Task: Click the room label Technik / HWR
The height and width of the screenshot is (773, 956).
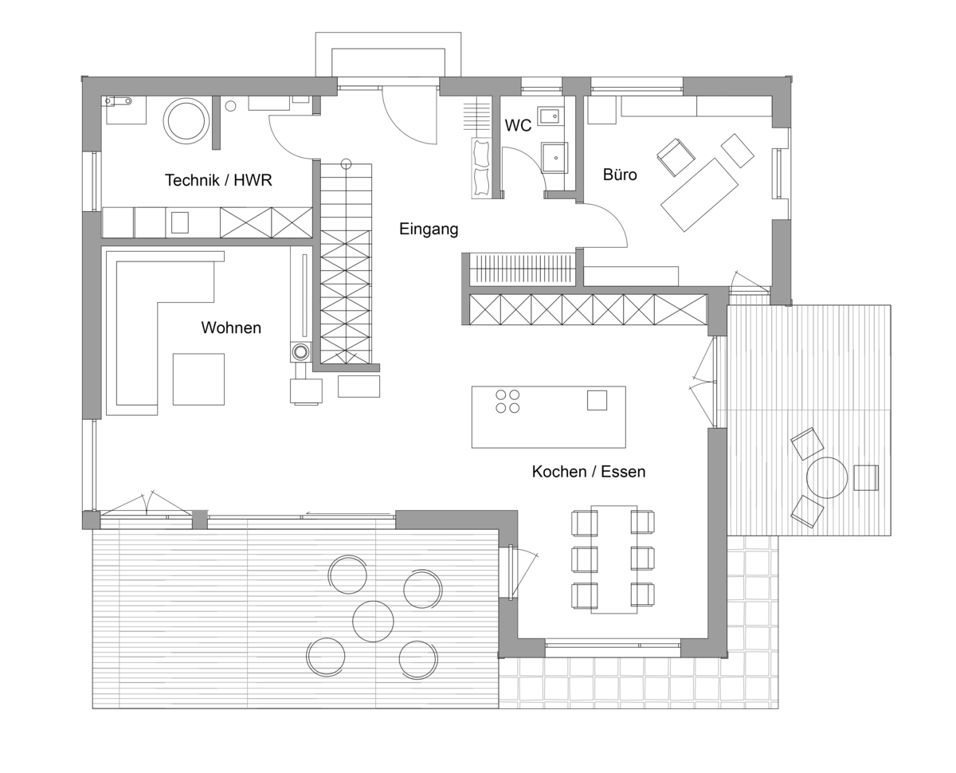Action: pos(218,180)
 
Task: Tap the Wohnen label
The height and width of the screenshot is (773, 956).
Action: pos(231,328)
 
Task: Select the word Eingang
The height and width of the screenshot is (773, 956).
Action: pos(429,230)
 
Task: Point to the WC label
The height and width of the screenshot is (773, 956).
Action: pos(518,125)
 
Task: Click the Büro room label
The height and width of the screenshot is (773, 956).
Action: pos(620,175)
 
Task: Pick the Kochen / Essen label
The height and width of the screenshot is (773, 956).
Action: pos(589,471)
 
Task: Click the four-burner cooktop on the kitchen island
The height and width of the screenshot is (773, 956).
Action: pos(507,402)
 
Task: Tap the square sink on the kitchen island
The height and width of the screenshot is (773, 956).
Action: pos(597,400)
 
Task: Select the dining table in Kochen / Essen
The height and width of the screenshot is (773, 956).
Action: pos(614,559)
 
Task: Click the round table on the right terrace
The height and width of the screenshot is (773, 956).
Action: pos(827,477)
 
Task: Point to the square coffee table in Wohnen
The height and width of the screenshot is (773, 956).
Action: pos(198,379)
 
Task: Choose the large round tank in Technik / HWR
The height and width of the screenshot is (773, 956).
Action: pos(186,121)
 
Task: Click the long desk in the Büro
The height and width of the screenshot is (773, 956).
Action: pos(699,194)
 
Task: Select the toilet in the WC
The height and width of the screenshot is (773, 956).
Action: pos(554,157)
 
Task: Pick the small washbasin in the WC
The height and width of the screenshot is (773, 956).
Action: pos(549,116)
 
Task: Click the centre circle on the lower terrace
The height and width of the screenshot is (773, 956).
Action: pos(373,622)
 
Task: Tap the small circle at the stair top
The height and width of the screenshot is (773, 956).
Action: pos(346,164)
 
